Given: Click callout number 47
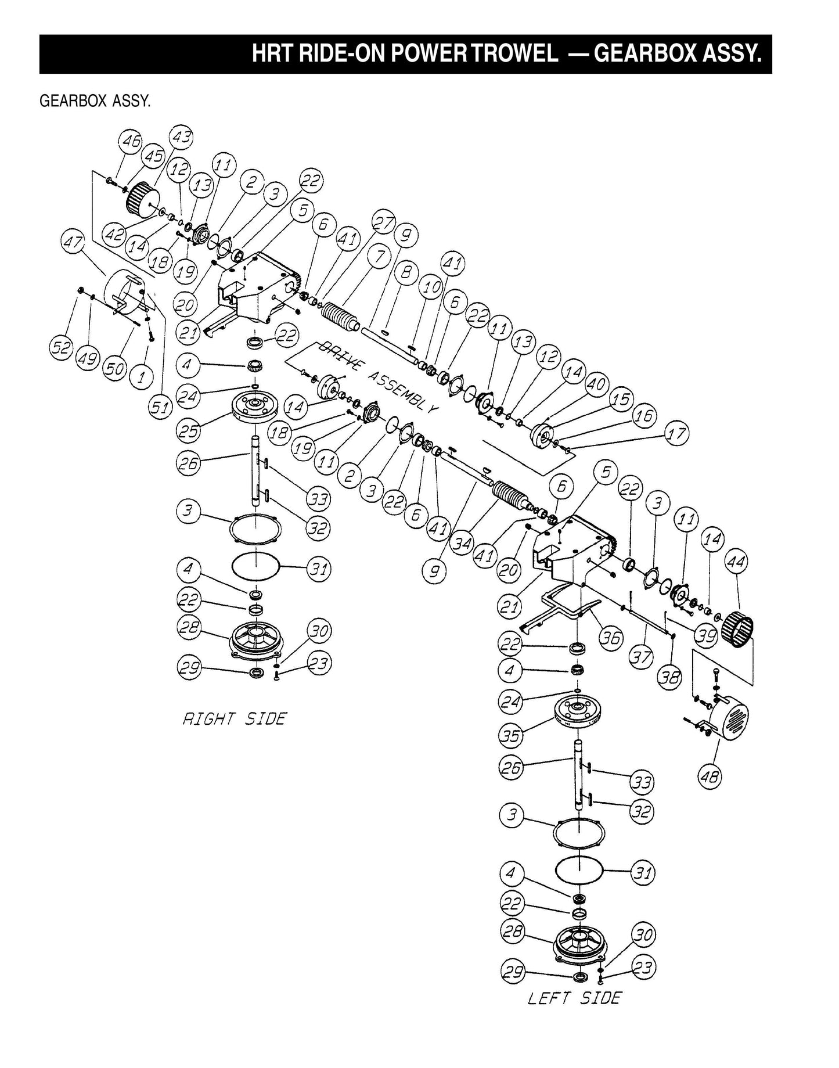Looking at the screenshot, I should (74, 242).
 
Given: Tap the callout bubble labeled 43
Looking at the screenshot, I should (181, 138).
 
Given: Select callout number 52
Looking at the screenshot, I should (60, 348).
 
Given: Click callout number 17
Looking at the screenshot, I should (676, 433).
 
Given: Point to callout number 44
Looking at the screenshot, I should (737, 562).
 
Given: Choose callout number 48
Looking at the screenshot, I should (710, 776).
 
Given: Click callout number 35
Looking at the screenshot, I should (510, 736).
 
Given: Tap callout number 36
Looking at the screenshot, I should (611, 638).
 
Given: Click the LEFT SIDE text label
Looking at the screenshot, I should (574, 998).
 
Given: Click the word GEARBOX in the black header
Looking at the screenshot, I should (645, 54).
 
